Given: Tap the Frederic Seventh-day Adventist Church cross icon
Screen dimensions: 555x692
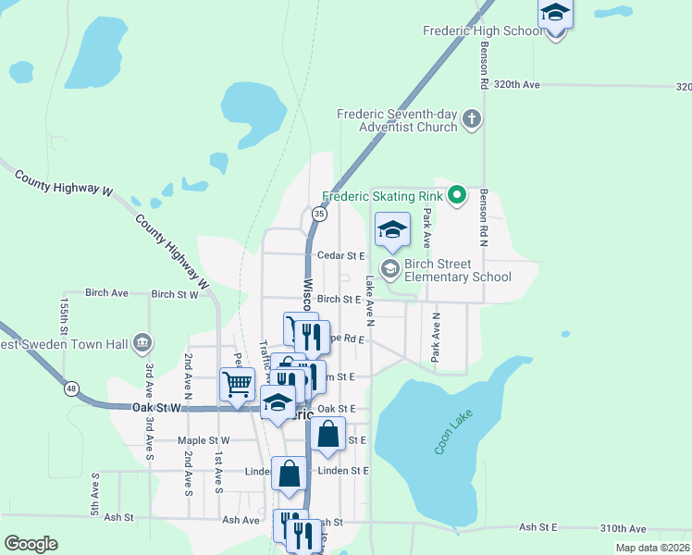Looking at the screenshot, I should click(472, 118).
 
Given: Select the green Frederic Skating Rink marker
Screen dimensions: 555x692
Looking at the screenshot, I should click(456, 195).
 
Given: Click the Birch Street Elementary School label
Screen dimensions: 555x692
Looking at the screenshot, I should click(458, 270).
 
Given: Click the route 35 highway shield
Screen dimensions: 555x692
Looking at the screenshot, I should click(319, 214).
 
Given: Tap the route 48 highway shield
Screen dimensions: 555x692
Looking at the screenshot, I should click(70, 388).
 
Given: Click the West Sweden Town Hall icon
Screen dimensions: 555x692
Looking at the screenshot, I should click(142, 343).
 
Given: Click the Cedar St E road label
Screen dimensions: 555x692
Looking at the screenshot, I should click(340, 255).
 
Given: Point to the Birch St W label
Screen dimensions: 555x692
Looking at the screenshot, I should click(175, 295).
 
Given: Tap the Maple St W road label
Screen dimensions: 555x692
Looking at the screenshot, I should click(205, 440).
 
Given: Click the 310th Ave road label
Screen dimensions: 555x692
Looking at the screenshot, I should click(620, 528).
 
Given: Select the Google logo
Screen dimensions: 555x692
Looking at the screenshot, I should click(31, 544).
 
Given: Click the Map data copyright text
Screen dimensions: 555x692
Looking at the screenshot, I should click(652, 548).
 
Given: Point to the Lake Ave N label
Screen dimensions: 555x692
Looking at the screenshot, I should click(369, 302).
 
